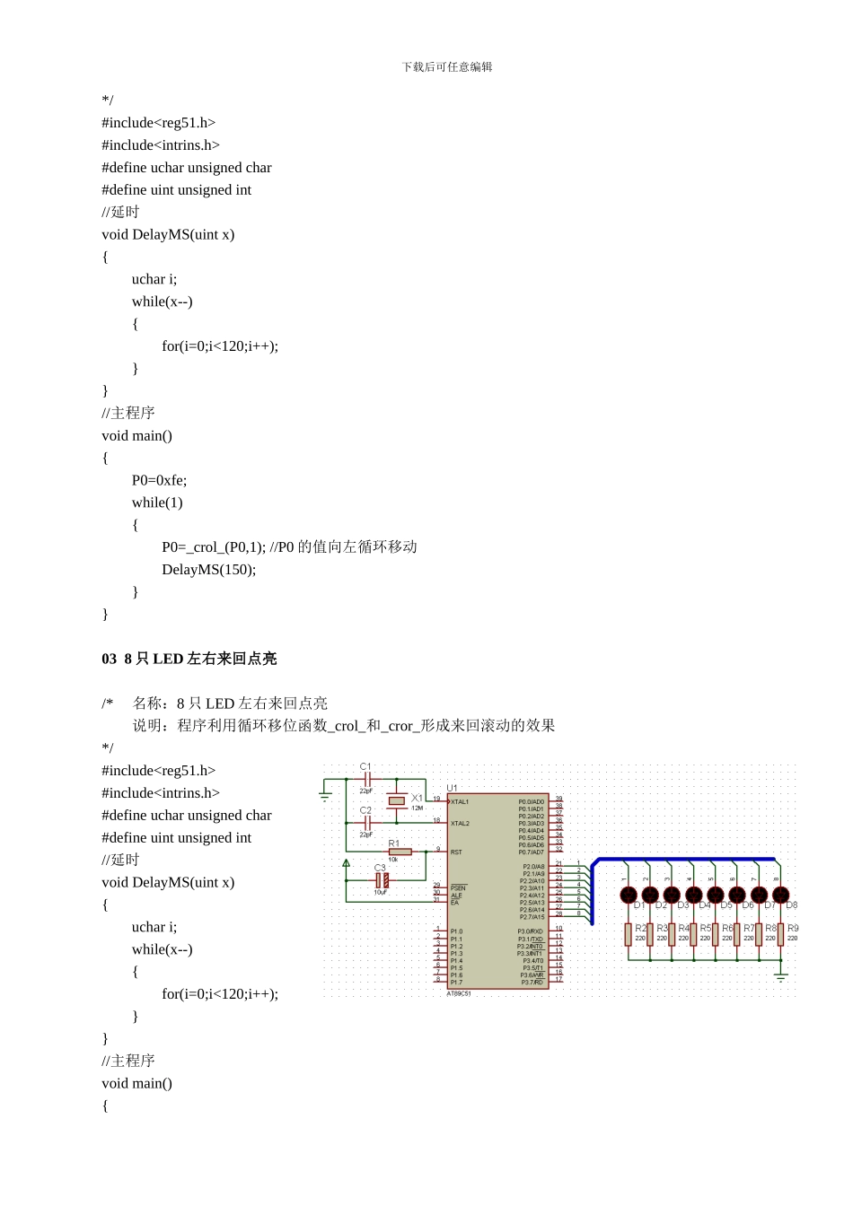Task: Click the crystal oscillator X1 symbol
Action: pos(397,800)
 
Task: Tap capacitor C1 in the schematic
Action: pos(366,780)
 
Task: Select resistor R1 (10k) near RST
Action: pos(400,852)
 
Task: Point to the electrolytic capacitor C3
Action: pos(382,880)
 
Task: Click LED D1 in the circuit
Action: pos(629,895)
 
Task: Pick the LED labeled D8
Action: pos(781,895)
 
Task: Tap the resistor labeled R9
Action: pos(781,934)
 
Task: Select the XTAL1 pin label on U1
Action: pos(460,802)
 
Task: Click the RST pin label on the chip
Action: pos(456,852)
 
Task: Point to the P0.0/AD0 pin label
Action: pos(531,801)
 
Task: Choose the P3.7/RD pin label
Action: pos(532,983)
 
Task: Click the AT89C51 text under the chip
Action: pos(459,994)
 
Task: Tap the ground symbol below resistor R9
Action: pos(781,974)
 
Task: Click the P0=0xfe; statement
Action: pos(159,480)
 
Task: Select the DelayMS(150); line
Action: pos(208,570)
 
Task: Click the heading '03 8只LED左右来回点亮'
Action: pos(189,659)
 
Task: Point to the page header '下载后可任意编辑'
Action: pos(447,67)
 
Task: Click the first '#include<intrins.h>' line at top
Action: pos(161,145)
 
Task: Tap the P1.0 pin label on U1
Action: pos(456,931)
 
